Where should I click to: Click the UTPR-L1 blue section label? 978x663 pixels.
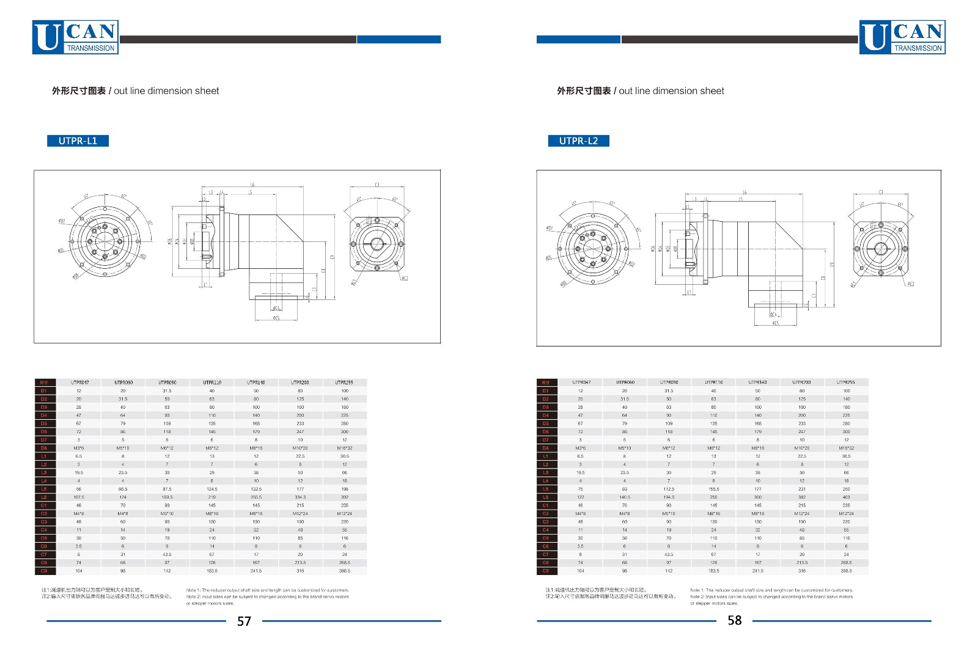pyautogui.click(x=78, y=141)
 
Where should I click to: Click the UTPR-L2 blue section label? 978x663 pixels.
pyautogui.click(x=578, y=141)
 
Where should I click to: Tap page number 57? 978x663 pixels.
pyautogui.click(x=244, y=621)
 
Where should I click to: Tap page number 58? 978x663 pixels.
pyautogui.click(x=734, y=620)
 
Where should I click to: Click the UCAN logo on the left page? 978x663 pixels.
pyautogui.click(x=75, y=37)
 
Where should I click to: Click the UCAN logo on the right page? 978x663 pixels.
pyautogui.click(x=902, y=37)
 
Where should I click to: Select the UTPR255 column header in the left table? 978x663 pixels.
pyautogui.click(x=344, y=383)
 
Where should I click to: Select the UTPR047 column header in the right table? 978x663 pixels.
pyautogui.click(x=581, y=383)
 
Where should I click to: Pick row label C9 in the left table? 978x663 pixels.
pyautogui.click(x=44, y=571)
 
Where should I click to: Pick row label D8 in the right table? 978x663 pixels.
pyautogui.click(x=545, y=448)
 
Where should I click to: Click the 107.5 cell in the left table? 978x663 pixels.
pyautogui.click(x=79, y=497)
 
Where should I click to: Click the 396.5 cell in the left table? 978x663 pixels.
pyautogui.click(x=345, y=571)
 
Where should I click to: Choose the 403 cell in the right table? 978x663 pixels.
pyautogui.click(x=846, y=497)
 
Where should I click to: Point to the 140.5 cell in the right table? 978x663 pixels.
pyautogui.click(x=625, y=497)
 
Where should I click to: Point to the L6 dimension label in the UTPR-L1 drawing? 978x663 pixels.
pyautogui.click(x=252, y=185)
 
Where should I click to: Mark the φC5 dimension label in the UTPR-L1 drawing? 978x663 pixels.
pyautogui.click(x=276, y=318)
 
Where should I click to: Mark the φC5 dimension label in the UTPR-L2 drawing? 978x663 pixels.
pyautogui.click(x=775, y=323)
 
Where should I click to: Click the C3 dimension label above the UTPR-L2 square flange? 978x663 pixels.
pyautogui.click(x=880, y=192)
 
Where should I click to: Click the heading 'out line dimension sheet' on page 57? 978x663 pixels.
pyautogui.click(x=166, y=91)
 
